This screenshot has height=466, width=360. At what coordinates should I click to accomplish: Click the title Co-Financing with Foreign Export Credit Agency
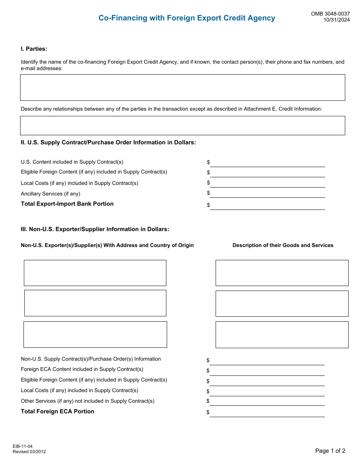click(x=187, y=18)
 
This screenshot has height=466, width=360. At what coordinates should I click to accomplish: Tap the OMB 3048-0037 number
click(x=330, y=14)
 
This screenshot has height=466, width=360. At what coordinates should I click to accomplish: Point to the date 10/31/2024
click(x=337, y=20)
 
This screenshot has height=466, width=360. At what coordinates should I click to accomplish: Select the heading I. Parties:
click(x=34, y=49)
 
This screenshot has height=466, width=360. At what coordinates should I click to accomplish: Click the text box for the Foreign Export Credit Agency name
click(x=182, y=88)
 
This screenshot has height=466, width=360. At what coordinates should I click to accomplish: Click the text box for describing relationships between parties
click(x=182, y=125)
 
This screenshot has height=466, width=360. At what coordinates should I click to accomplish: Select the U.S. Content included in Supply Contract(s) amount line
click(x=268, y=163)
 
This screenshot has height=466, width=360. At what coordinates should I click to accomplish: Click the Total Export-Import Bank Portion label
click(x=67, y=204)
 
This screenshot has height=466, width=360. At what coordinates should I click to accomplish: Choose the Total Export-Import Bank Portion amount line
click(x=268, y=205)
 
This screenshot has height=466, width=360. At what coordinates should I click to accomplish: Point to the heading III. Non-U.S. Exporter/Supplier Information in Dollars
click(x=95, y=229)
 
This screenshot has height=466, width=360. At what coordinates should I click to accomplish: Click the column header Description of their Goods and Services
click(x=283, y=246)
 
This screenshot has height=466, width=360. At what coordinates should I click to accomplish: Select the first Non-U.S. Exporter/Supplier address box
click(x=95, y=273)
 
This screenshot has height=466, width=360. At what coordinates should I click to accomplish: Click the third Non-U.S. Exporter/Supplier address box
click(x=95, y=335)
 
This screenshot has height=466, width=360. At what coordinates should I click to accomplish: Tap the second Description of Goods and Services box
click(x=282, y=303)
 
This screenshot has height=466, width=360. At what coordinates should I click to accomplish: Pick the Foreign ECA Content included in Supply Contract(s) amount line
click(x=268, y=371)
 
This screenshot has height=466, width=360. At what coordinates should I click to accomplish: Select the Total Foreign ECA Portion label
click(x=58, y=411)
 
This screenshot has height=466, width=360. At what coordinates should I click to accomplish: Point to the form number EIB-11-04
click(x=22, y=446)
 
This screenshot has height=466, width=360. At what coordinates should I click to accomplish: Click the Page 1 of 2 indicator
click(x=330, y=451)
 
